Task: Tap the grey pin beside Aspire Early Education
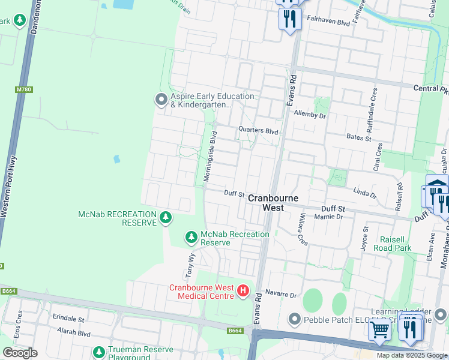tap(161, 100)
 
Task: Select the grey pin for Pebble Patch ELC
tap(294, 320)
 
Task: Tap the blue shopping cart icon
tap(379, 329)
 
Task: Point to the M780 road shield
tap(23, 90)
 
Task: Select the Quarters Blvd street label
tap(258, 130)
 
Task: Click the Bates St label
tap(360, 137)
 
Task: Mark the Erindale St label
tap(68, 318)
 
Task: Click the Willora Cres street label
tap(303, 229)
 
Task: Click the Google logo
tap(20, 353)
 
